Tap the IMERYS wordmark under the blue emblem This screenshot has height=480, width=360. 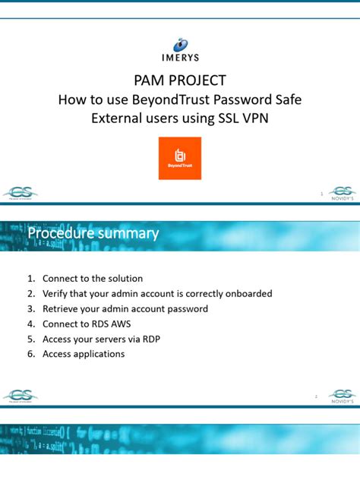tap(179, 57)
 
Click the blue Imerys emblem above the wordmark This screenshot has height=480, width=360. tap(180, 44)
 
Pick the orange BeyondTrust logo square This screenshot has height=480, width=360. tap(180, 158)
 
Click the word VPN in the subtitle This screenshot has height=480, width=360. tap(253, 118)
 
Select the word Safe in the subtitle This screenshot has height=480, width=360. tap(284, 99)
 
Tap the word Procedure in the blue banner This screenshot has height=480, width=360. tap(62, 233)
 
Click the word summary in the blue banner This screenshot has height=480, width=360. tap(131, 233)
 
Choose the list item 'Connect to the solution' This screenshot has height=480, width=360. tap(93, 279)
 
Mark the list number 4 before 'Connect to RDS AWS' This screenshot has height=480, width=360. tap(31, 324)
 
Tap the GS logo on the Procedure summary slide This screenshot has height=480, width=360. tap(21, 396)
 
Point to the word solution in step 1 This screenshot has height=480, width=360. tap(125, 279)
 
